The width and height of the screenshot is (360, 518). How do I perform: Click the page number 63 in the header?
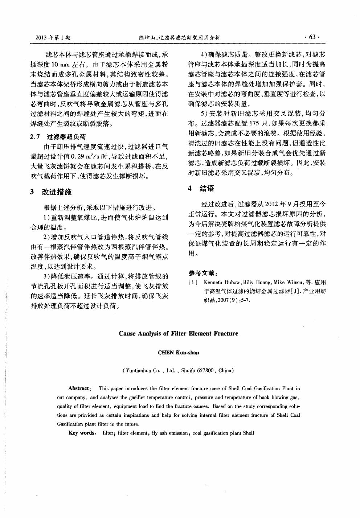tap(312, 37)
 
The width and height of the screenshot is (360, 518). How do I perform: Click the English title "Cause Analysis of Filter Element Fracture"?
tap(179, 333)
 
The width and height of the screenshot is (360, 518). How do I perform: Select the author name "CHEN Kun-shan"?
tap(179, 352)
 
